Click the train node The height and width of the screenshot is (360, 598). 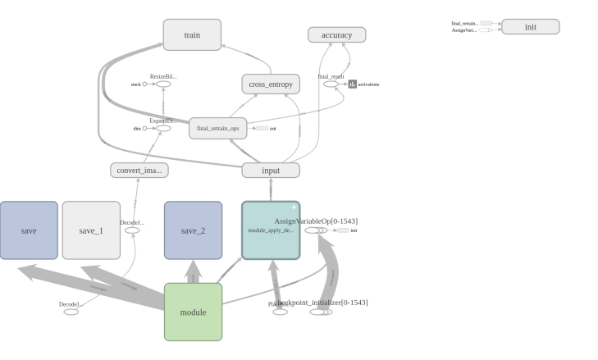[x=192, y=35]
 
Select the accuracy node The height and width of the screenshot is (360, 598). [x=336, y=34]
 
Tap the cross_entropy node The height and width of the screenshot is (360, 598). [x=270, y=84]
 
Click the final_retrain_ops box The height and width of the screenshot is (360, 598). [x=217, y=128]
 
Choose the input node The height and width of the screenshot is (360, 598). [x=270, y=171]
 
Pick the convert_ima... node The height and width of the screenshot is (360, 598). [x=139, y=171]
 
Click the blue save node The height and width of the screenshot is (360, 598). [x=29, y=230]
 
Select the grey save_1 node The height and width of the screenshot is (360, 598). [x=91, y=230]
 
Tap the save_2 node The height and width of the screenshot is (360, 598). [x=193, y=230]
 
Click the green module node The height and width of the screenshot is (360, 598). [x=193, y=312]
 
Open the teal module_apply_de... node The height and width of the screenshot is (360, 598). [x=270, y=230]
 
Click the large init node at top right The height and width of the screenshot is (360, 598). [x=530, y=27]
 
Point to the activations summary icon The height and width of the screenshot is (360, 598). [x=353, y=84]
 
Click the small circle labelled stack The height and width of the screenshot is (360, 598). [x=145, y=84]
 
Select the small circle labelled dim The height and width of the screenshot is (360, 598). [x=145, y=128]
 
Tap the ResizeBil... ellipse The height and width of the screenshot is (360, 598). [x=163, y=84]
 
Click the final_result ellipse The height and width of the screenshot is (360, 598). [x=331, y=84]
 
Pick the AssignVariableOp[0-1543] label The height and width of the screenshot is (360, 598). [x=316, y=221]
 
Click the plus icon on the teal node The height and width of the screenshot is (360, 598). [x=294, y=207]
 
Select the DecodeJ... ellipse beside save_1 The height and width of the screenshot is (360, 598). [x=131, y=230]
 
